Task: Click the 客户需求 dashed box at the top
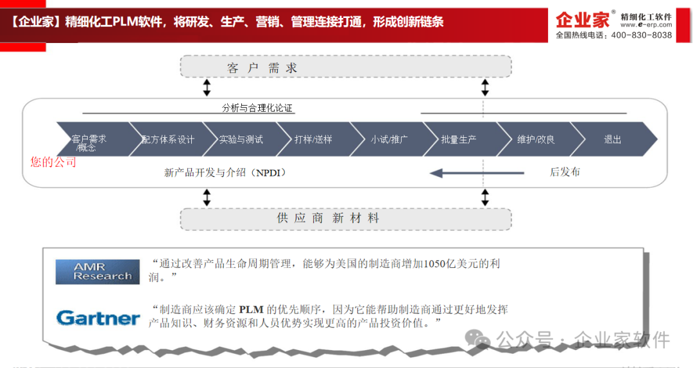click(346, 67)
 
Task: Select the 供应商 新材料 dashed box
click(346, 219)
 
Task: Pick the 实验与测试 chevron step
click(241, 139)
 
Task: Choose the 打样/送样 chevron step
click(314, 139)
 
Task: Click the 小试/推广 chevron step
click(388, 139)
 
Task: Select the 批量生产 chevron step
click(461, 139)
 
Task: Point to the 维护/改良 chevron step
click(535, 139)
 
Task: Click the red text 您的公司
click(53, 162)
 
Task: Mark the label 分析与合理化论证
click(257, 108)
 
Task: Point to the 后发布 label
click(565, 172)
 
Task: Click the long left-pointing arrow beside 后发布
click(477, 172)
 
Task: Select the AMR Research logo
click(98, 272)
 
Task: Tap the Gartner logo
click(98, 317)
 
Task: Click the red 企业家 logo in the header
click(583, 20)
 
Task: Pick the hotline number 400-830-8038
click(642, 35)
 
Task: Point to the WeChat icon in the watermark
click(477, 339)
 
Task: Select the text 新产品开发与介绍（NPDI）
click(225, 172)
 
